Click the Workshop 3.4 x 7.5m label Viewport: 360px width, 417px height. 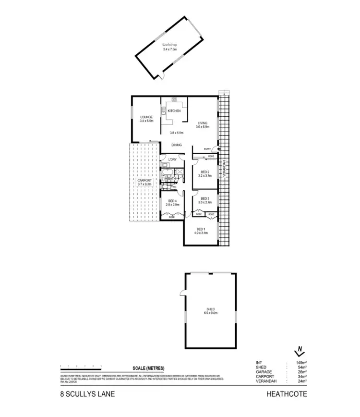point(170,47)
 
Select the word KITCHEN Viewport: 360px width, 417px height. point(174,111)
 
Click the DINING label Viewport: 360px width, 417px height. point(177,144)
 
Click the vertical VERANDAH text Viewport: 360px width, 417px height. point(223,169)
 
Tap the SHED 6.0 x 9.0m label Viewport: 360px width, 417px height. point(211,310)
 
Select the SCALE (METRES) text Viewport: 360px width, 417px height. point(149,368)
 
